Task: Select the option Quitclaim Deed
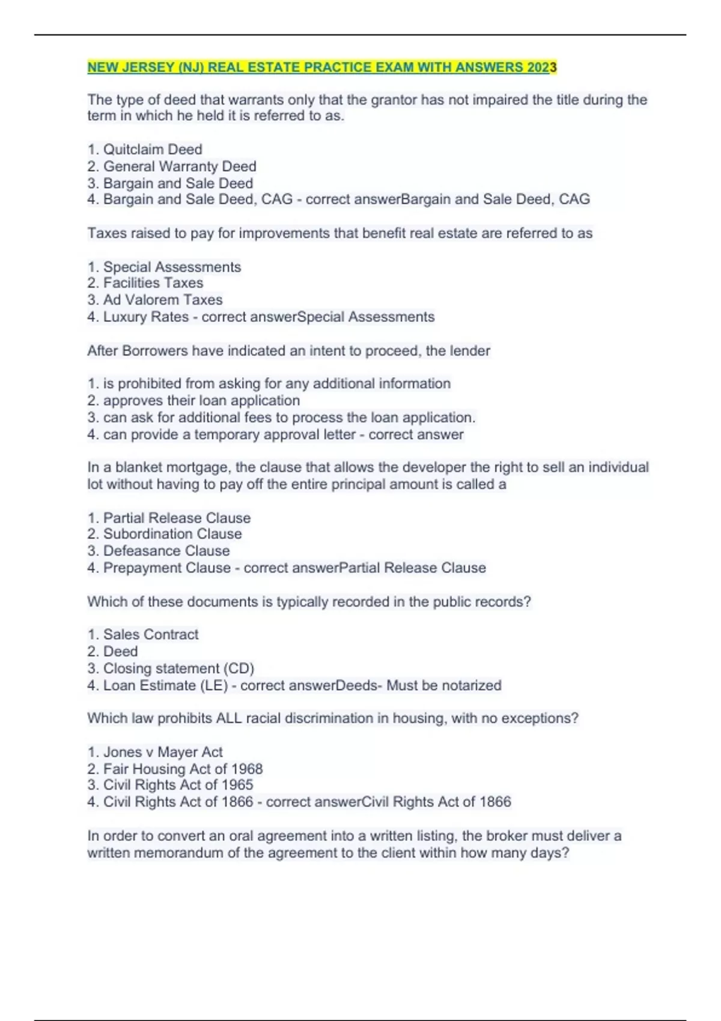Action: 153,149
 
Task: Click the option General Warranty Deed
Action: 180,166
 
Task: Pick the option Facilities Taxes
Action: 153,283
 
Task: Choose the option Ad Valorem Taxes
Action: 163,300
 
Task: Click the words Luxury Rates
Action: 146,317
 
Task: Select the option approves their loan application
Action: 201,401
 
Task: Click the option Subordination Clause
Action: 172,534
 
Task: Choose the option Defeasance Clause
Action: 166,551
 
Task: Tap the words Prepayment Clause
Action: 167,568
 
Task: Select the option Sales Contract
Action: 151,634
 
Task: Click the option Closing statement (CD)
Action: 178,668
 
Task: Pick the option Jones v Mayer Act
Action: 163,752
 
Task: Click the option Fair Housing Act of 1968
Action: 183,769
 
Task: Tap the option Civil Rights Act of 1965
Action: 178,785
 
